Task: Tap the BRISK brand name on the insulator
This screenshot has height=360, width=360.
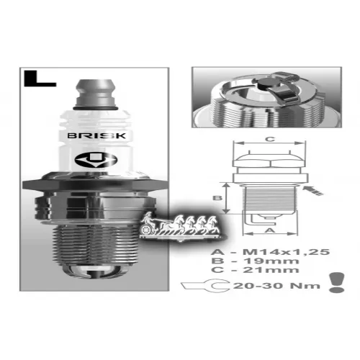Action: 96,136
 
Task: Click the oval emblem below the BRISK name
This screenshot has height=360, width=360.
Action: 96,160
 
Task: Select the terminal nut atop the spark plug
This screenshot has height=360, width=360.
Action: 96,94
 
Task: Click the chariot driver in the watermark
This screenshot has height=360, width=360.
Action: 148,217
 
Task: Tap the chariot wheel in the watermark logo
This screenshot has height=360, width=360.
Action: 145,230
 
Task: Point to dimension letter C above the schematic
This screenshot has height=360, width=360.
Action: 270,139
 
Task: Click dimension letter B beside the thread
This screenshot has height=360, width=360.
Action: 217,198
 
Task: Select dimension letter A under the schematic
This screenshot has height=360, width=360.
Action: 271,230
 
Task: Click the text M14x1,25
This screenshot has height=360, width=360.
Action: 286,252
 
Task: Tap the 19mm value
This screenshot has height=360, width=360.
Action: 271,261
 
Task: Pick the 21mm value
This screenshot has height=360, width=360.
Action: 271,270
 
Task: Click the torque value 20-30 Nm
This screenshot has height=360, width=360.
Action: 276,286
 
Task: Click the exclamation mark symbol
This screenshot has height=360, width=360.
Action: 337,282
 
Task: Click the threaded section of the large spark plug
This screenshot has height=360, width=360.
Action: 96,245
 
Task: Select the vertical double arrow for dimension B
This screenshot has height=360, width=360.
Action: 226,198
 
